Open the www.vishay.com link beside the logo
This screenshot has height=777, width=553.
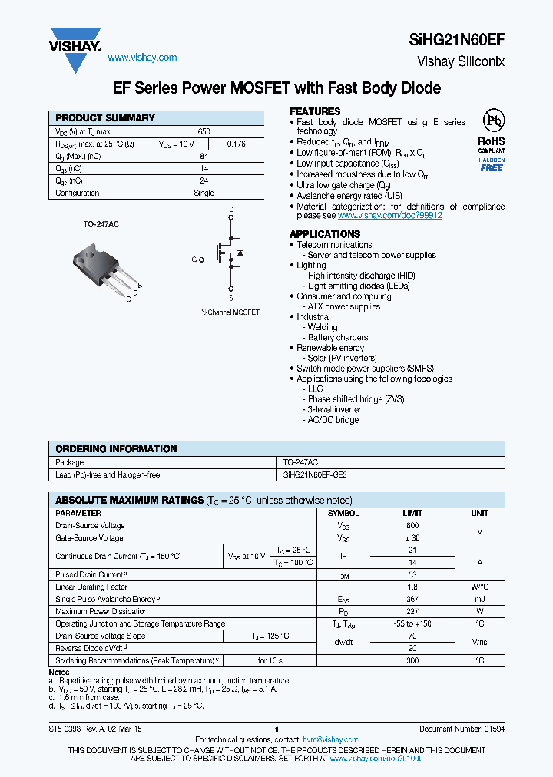click(x=142, y=58)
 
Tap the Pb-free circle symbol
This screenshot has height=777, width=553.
click(x=492, y=121)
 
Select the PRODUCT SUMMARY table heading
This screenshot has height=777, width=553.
click(x=105, y=118)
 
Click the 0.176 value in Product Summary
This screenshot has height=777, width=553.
click(x=237, y=144)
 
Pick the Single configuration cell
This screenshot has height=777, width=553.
click(x=204, y=193)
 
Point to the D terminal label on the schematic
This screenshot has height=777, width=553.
click(x=231, y=209)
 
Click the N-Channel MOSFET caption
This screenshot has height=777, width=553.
click(x=230, y=312)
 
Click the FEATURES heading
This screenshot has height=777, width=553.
click(x=315, y=111)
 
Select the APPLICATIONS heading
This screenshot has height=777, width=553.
click(x=325, y=234)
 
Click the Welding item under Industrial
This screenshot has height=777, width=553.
click(x=323, y=327)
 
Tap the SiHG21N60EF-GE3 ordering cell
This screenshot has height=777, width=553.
click(x=320, y=475)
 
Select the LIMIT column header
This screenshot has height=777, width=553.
click(x=413, y=513)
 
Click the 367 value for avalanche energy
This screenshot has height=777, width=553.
click(x=413, y=599)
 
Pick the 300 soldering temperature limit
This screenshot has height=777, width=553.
click(x=413, y=660)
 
